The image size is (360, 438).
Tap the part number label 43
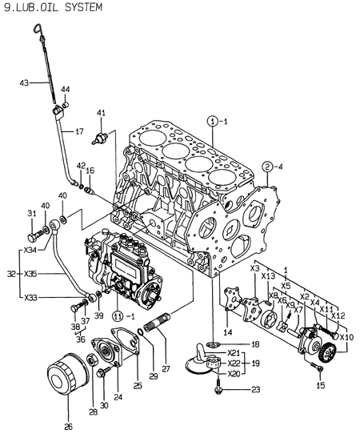[x=24, y=82]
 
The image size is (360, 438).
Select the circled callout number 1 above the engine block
[x=212, y=121]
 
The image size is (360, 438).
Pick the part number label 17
[x=78, y=131]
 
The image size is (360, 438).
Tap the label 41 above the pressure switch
[x=102, y=113]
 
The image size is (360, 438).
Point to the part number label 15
[x=321, y=385]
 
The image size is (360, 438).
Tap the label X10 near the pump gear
[x=346, y=337]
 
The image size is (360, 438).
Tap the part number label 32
[x=9, y=272]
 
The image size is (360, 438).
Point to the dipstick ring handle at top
[x=36, y=30]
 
